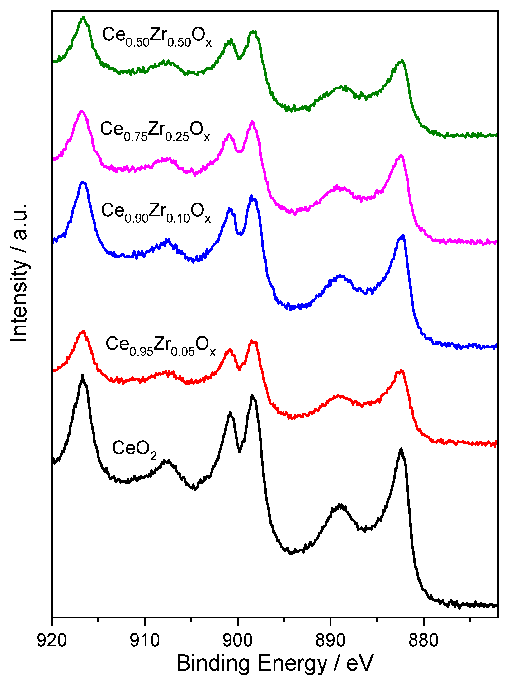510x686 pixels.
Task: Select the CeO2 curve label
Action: click(x=134, y=449)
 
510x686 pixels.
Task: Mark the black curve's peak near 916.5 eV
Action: click(x=83, y=376)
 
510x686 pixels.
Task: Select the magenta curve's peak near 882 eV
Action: click(x=401, y=155)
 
